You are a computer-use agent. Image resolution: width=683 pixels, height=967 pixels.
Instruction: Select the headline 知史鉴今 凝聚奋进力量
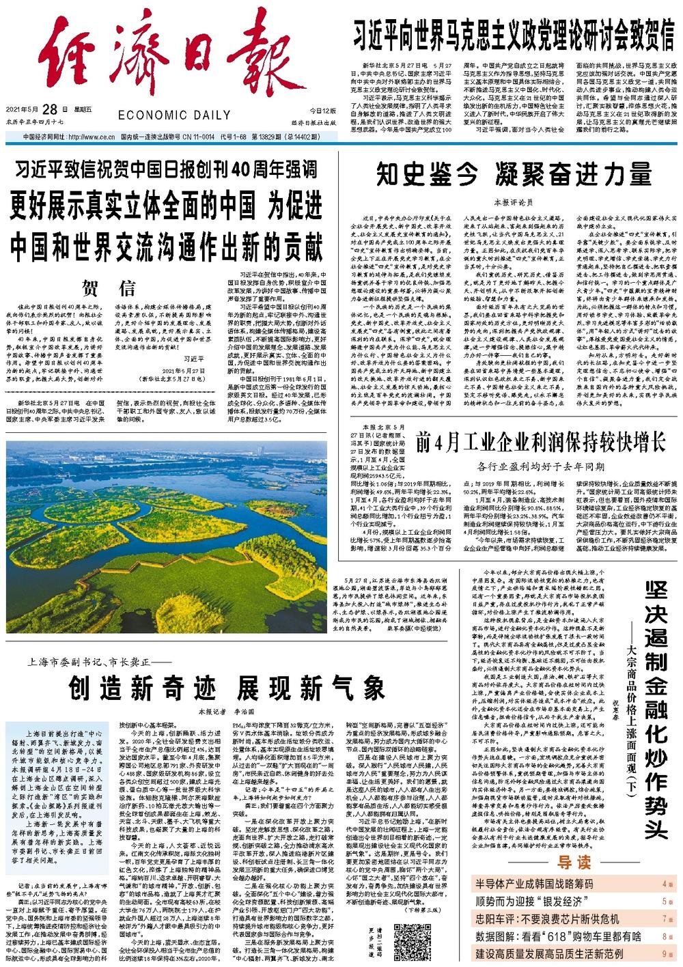514,176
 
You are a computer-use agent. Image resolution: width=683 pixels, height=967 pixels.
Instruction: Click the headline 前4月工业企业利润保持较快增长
540,443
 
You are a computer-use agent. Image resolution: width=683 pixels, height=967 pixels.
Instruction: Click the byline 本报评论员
512,204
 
